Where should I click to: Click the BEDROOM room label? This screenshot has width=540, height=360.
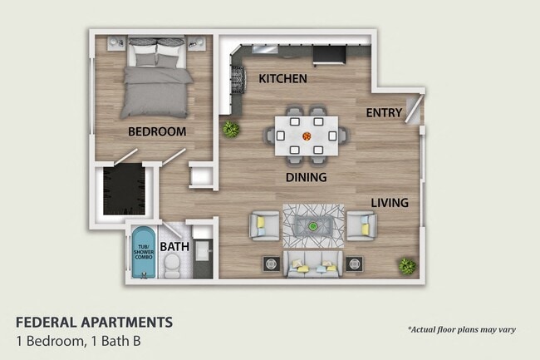click(156, 131)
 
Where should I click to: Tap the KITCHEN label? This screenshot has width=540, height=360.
click(283, 79)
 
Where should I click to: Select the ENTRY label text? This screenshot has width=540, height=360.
click(384, 113)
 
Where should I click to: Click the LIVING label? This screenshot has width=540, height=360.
click(389, 201)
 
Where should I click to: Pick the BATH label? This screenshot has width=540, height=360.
click(174, 247)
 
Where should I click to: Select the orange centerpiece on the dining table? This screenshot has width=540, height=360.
click(307, 136)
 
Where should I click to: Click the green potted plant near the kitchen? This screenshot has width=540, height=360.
click(230, 129)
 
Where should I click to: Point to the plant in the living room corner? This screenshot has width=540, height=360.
click(406, 265)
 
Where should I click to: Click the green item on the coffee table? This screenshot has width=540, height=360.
click(312, 224)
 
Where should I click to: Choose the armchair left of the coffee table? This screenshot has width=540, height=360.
click(264, 225)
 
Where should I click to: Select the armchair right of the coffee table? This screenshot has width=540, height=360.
click(361, 225)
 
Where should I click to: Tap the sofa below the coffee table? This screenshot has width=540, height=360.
click(312, 264)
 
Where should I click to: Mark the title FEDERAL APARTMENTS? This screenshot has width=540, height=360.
click(95, 322)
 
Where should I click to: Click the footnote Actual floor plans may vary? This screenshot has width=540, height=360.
click(461, 329)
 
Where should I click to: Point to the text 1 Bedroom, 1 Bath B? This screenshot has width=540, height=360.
click(84, 340)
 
